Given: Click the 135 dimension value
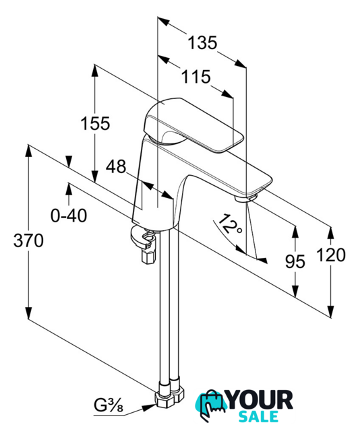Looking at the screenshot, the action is pos(202,42).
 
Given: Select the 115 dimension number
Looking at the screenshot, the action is pos(196,76).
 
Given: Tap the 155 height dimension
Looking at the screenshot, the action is pos(95,123).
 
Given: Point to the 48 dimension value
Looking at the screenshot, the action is pos(116,166).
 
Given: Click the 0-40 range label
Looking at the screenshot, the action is pos(69,215).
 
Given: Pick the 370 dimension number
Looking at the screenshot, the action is pos(28,241).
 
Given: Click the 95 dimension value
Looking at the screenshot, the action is pos(295,261).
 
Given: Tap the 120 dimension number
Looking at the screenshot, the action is pos(331,255).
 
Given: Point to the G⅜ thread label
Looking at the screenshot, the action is pos(109,405).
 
